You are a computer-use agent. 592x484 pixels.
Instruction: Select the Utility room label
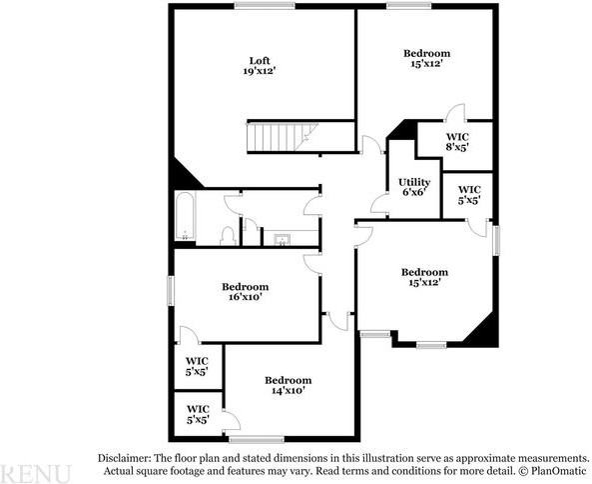[414, 182]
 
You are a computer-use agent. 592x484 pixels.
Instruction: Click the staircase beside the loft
[281, 136]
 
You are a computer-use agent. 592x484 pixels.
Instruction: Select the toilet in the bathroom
[228, 235]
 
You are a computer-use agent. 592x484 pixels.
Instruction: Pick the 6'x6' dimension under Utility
[414, 193]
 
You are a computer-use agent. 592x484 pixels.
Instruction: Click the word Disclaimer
[125, 456]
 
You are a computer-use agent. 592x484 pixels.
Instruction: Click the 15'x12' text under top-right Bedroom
[426, 64]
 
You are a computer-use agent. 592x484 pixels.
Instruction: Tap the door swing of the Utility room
[379, 206]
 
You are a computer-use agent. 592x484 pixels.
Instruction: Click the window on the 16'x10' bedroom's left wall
[171, 289]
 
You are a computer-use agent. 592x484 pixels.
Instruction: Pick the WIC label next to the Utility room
[469, 194]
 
